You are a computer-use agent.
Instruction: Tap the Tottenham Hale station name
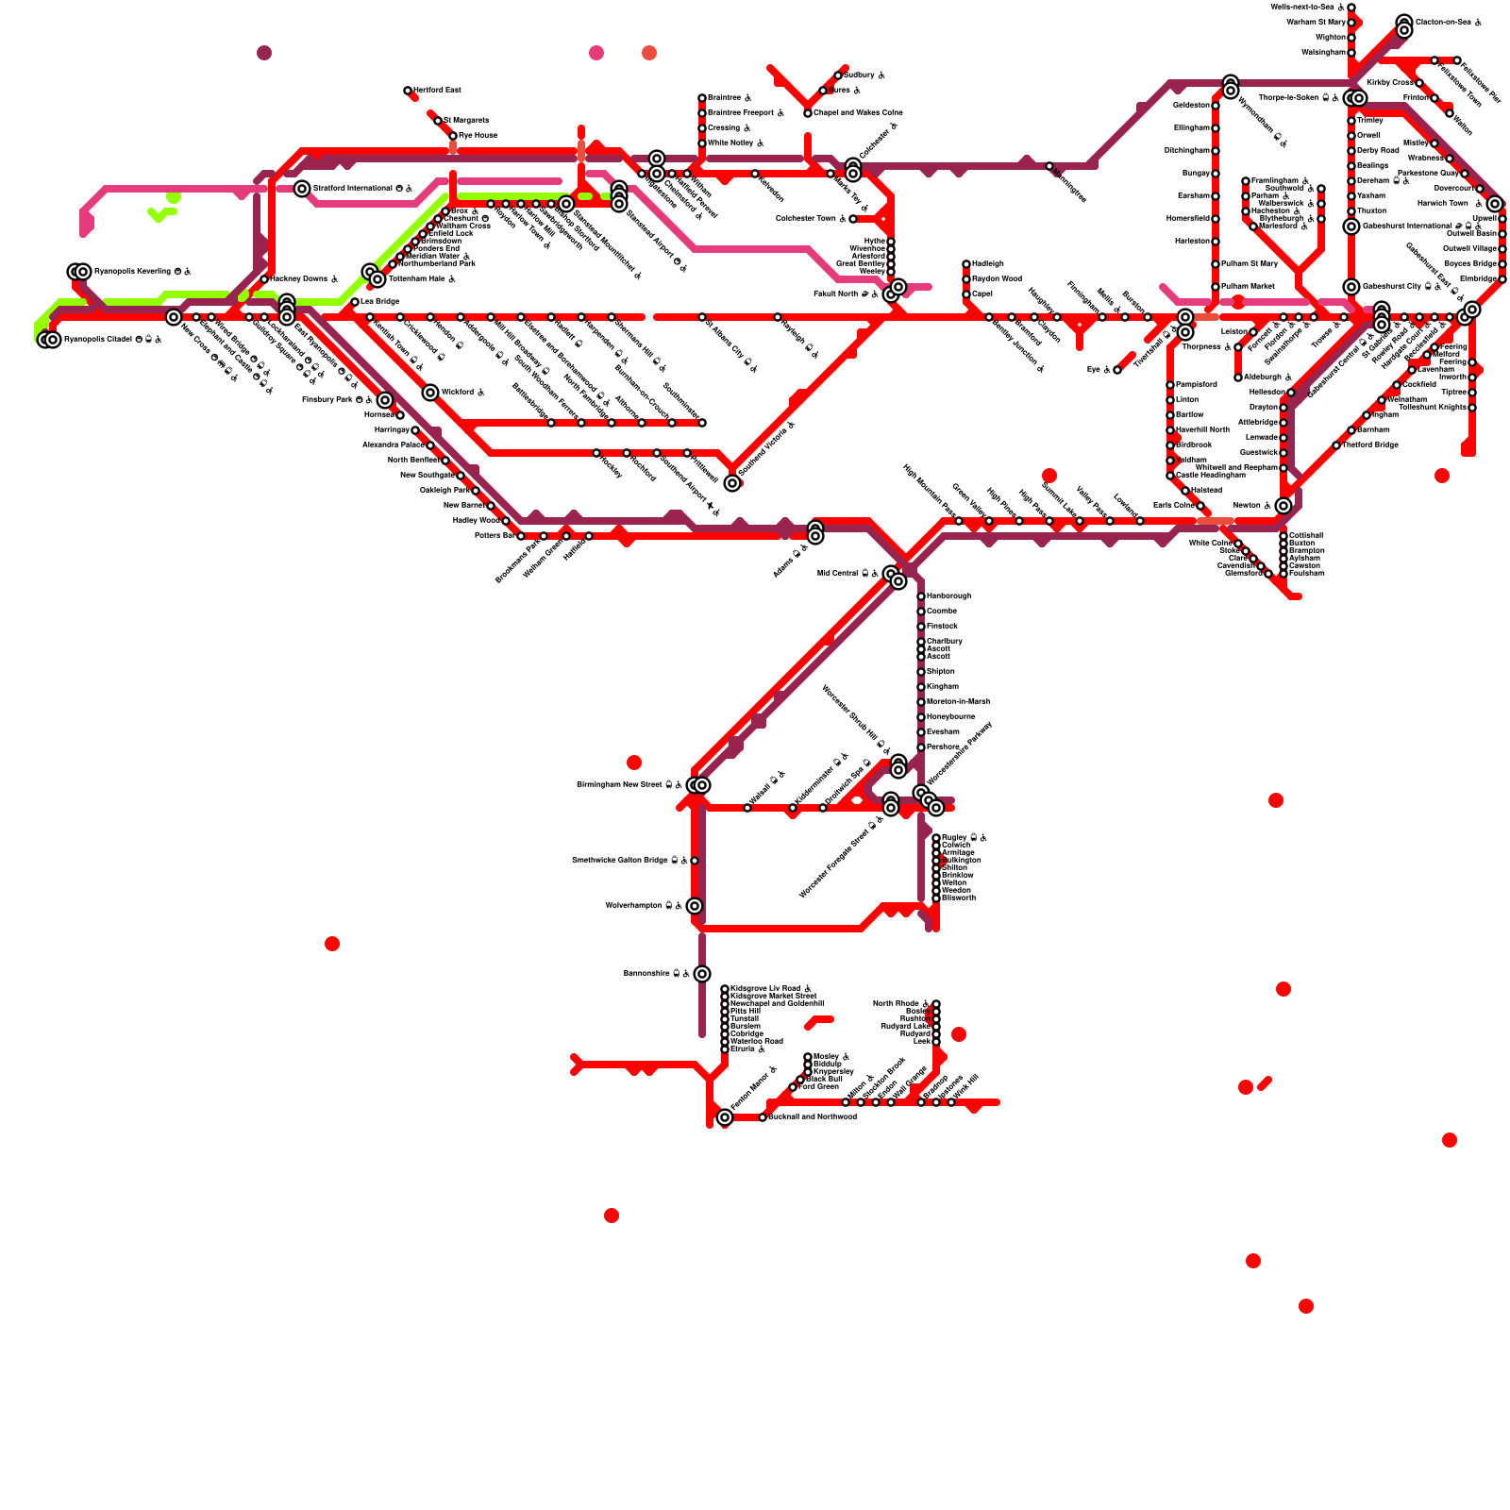point(420,279)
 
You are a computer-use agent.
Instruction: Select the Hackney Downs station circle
point(264,279)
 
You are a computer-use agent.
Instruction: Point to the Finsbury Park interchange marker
point(385,400)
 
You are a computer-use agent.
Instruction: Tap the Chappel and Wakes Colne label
point(858,113)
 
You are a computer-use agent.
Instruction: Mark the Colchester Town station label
point(805,219)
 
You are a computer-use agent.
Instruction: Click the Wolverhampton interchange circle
point(695,906)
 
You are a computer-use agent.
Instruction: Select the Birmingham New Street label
point(624,785)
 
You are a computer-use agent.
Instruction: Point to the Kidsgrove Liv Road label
point(765,988)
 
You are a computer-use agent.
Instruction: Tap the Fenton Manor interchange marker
point(725,1117)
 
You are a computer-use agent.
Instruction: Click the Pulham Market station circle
point(1216,287)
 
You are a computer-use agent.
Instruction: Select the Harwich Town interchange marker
point(1495,204)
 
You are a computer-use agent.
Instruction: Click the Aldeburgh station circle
point(1238,377)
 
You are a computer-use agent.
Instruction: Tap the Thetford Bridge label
point(1369,445)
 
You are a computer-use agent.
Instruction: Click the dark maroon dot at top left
point(264,53)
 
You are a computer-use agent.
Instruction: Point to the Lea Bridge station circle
point(355,302)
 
